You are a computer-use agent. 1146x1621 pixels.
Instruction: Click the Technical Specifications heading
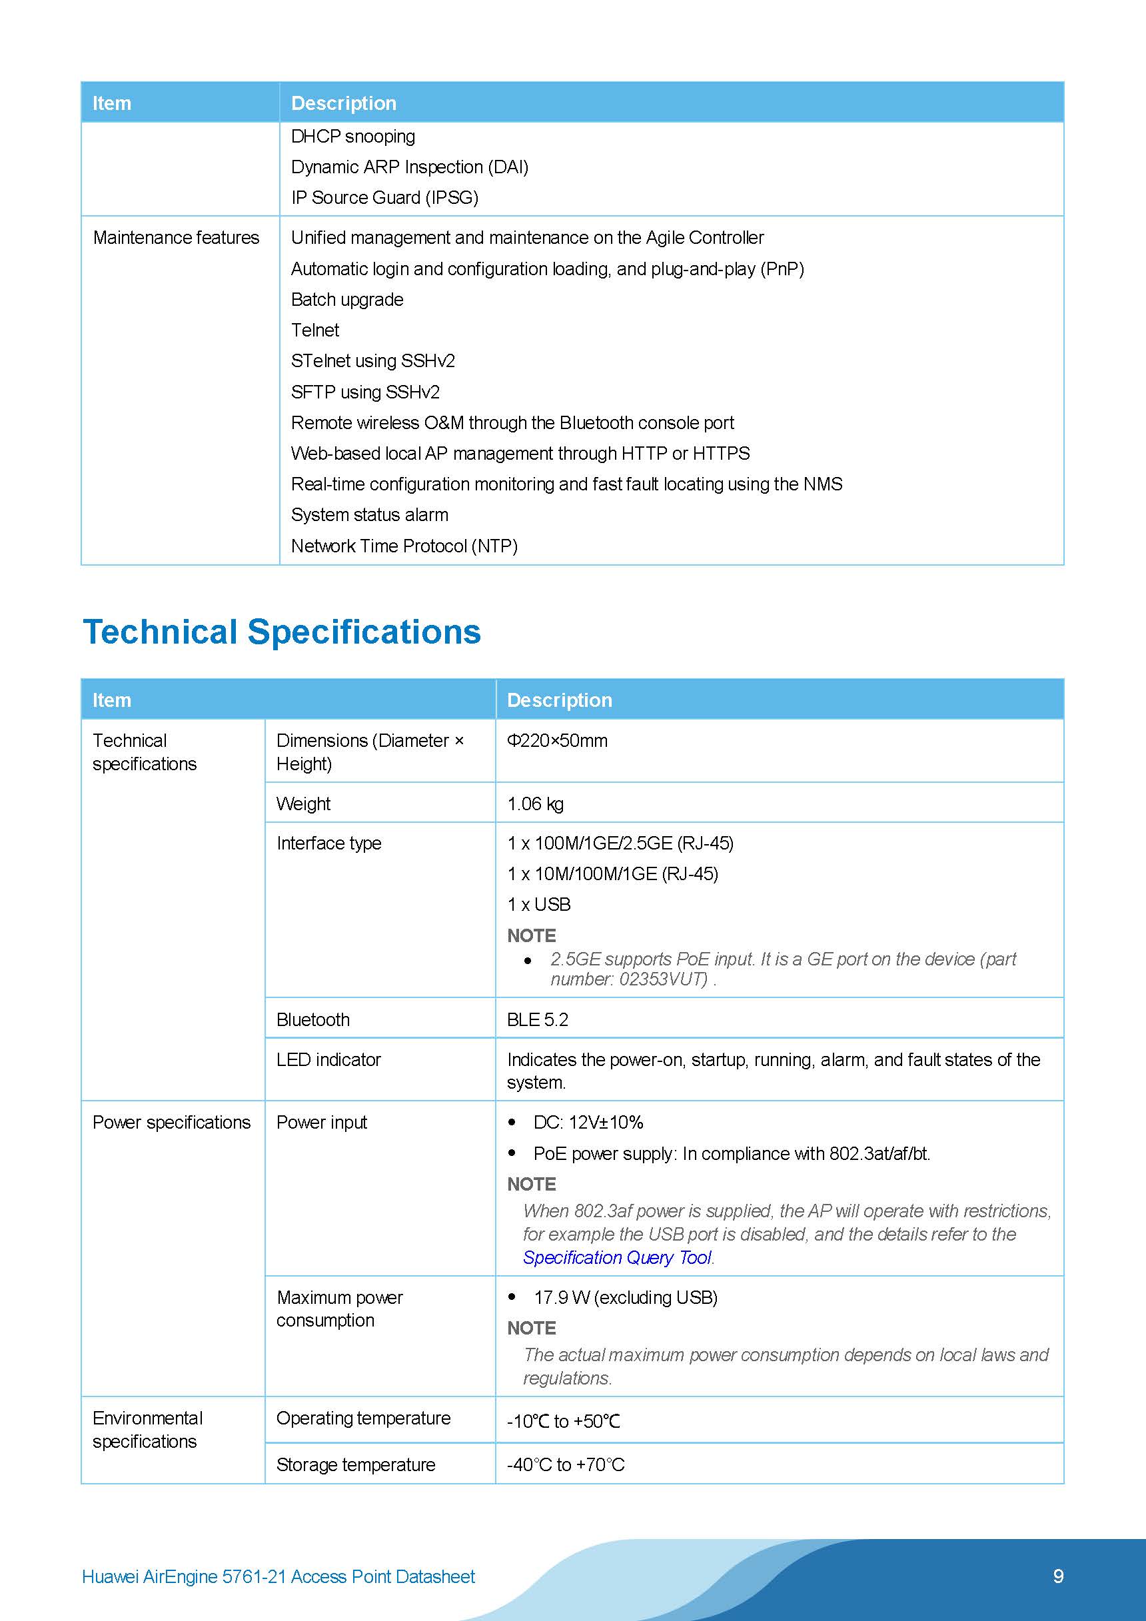pos(282,632)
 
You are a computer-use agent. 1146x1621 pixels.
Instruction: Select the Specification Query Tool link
pos(617,1257)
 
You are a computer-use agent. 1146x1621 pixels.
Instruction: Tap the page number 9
pos(1058,1576)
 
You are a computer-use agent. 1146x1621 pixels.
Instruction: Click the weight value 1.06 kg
pos(535,804)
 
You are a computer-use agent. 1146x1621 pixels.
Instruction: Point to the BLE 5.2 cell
pos(537,1019)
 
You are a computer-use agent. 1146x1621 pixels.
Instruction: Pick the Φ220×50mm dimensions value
pos(557,741)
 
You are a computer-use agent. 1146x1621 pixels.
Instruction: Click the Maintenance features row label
pos(176,238)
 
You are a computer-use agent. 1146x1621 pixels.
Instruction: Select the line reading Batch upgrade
pos(346,299)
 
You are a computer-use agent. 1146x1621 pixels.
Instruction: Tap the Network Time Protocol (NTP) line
pos(404,546)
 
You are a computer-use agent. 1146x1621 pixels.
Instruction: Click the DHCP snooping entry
pos(352,137)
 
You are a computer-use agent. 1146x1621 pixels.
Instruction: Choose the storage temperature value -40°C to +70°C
pos(566,1465)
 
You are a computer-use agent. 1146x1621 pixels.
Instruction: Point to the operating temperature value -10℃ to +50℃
pos(564,1421)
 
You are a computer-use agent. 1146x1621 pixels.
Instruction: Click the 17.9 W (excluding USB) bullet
pos(625,1298)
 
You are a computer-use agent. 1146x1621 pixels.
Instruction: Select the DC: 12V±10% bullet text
pos(588,1123)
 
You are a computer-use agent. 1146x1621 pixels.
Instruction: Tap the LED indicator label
pos(328,1060)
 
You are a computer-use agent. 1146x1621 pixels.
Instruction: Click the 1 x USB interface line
pos(539,904)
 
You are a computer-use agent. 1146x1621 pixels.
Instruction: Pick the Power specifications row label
pos(172,1123)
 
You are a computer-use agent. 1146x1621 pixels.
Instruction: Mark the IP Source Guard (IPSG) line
pos(384,198)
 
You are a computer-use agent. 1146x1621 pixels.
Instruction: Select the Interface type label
pos(328,843)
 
